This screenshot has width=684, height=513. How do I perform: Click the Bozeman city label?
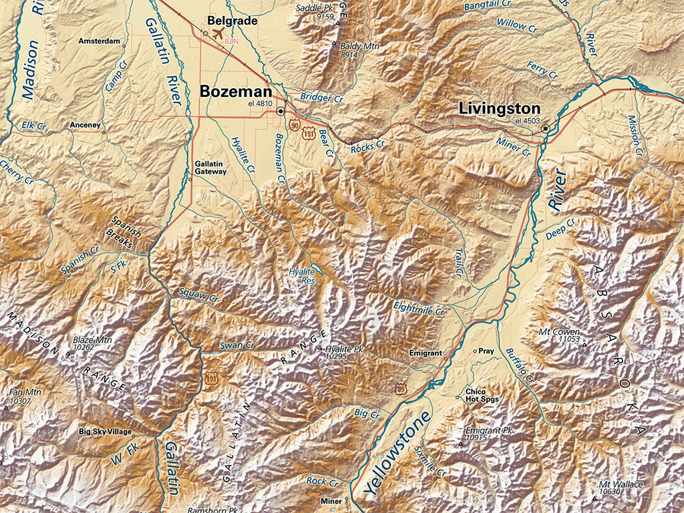click(x=235, y=92)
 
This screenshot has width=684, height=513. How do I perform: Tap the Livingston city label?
click(x=499, y=108)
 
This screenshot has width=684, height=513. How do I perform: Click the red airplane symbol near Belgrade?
click(x=216, y=34)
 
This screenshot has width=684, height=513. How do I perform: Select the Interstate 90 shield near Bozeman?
click(x=294, y=125)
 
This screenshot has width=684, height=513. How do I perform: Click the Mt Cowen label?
click(x=559, y=332)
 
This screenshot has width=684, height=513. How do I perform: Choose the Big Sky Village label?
click(x=105, y=432)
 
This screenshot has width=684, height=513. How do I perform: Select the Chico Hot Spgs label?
click(x=482, y=395)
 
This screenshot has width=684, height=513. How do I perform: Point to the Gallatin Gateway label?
click(x=210, y=168)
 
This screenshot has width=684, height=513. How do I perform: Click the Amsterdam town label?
click(x=99, y=41)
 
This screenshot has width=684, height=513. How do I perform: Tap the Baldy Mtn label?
click(x=359, y=47)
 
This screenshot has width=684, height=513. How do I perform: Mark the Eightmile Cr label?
click(x=418, y=309)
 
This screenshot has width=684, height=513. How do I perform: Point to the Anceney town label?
click(x=85, y=125)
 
